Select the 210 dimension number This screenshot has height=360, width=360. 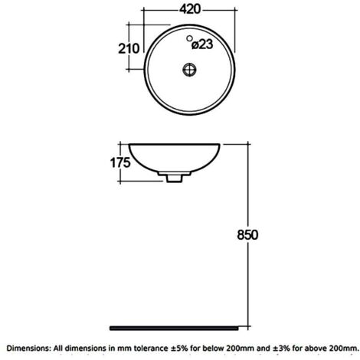point(128,47)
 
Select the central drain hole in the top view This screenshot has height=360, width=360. point(187,68)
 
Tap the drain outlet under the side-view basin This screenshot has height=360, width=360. point(175,177)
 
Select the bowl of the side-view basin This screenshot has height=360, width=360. point(175,157)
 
